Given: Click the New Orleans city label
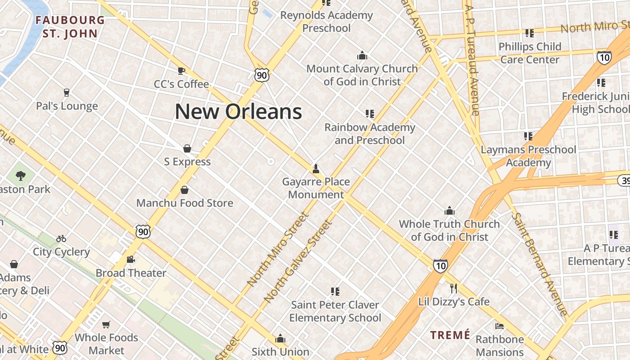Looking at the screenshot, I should (x=238, y=112).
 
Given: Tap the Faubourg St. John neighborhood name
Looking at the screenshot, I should (x=70, y=27).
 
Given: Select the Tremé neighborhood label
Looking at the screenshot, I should (x=450, y=335).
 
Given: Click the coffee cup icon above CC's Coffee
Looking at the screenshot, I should (x=181, y=71).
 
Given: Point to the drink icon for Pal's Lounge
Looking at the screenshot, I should (x=67, y=93).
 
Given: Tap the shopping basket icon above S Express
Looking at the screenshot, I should (x=187, y=148).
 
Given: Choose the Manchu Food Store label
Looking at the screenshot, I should (x=184, y=203).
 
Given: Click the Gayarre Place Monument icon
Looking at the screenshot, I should (x=316, y=169).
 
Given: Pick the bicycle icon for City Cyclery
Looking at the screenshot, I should (x=61, y=238).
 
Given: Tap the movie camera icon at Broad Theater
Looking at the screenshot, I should (x=131, y=260).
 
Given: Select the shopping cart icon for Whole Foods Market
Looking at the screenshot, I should (x=106, y=324).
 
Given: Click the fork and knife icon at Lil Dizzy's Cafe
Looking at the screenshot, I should (x=454, y=288).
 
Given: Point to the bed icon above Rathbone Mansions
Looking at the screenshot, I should (x=499, y=326).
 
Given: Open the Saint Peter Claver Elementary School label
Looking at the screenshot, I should (x=335, y=311).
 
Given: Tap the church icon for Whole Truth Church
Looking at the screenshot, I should (x=449, y=211).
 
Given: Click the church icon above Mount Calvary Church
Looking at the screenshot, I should (x=362, y=56).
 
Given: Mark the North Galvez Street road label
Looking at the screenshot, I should (x=297, y=261).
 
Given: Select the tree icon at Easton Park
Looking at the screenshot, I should (x=20, y=175).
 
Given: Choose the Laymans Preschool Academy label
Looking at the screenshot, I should (x=528, y=156).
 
